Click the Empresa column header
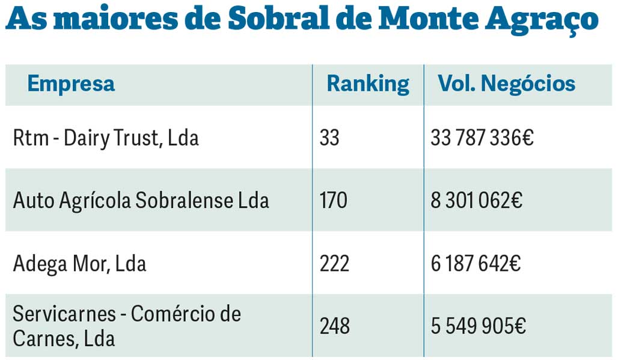(71, 84)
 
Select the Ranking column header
(368, 84)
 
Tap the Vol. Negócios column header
(506, 84)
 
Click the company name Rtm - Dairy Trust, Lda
(106, 139)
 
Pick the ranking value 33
(329, 139)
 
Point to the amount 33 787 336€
(482, 139)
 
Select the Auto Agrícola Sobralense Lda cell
(141, 200)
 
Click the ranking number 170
(334, 200)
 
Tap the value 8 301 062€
(477, 200)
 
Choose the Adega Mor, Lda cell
(79, 263)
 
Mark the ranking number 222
(334, 263)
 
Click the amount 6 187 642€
(476, 263)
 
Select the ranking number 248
(335, 326)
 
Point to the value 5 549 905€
(479, 326)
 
